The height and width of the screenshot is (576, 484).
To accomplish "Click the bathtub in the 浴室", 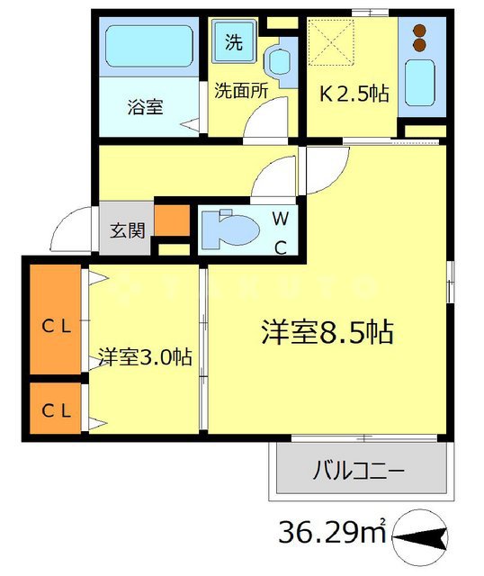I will coord(149,49).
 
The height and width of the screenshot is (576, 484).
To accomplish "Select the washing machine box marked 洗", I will coord(234,41).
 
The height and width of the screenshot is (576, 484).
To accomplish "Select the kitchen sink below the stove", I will coord(419,83).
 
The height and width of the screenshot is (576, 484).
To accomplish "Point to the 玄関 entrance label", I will coord(128,229).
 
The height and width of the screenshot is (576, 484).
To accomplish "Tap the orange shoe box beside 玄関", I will coord(173,220).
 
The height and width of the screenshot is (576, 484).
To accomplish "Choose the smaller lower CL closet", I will coord(56,410).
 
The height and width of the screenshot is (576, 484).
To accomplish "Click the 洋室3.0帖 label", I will coord(144,356).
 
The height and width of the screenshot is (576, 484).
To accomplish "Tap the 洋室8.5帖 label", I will coord(327,332).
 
